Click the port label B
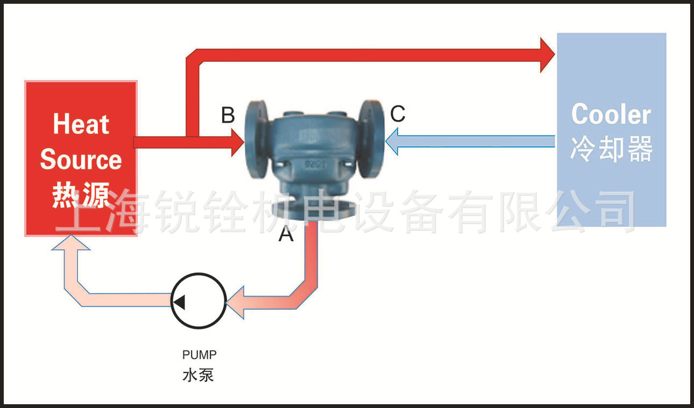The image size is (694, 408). click(x=228, y=115)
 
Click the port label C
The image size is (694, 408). click(x=398, y=114)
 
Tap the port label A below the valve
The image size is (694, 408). click(x=286, y=235)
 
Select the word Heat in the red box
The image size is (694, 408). click(x=81, y=125)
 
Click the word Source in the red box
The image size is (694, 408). click(x=81, y=159)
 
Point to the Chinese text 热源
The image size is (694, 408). click(x=81, y=194)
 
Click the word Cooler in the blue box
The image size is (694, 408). click(x=611, y=115)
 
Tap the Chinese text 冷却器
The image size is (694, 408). click(x=611, y=149)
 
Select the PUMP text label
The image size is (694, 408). click(x=199, y=355)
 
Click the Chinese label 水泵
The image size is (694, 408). click(x=198, y=375)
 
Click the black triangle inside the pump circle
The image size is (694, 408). click(x=179, y=303)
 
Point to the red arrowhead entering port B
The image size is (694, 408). click(x=238, y=142)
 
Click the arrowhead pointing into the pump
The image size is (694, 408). click(x=235, y=303)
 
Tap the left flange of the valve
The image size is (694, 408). click(x=256, y=139)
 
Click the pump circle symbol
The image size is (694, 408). click(x=199, y=301)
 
